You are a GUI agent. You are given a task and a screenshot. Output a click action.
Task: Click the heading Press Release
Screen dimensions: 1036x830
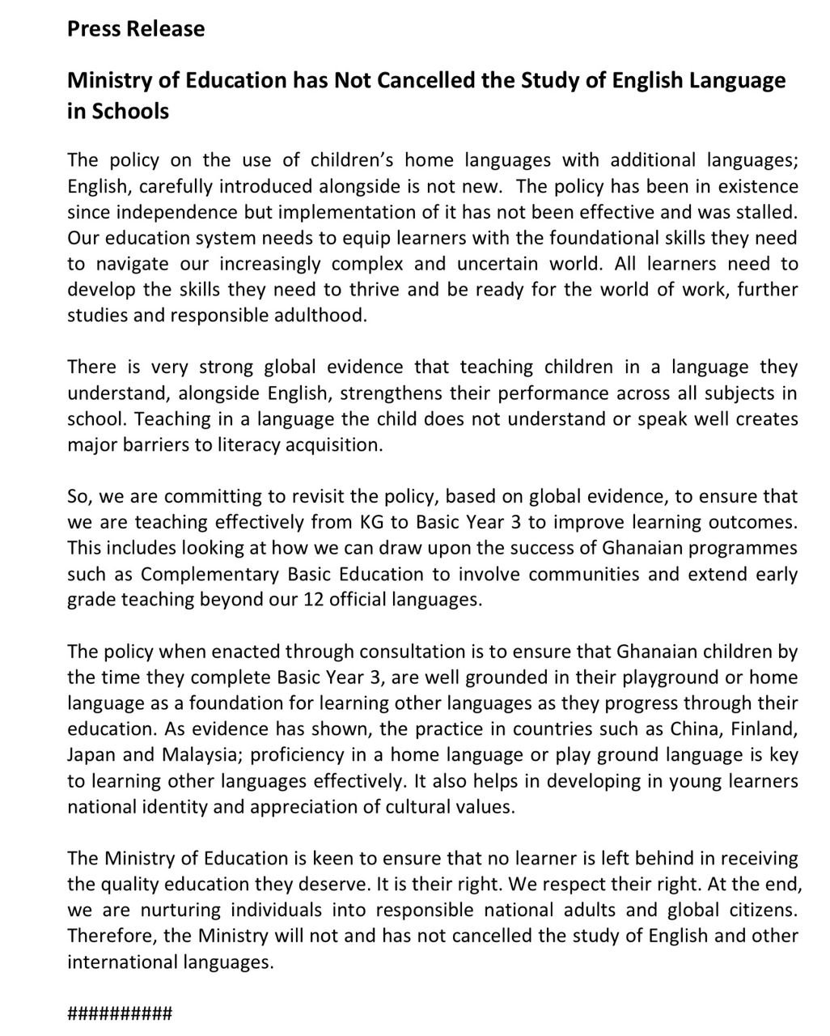click(136, 29)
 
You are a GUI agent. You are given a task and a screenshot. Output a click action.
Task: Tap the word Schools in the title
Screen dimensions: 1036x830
click(129, 111)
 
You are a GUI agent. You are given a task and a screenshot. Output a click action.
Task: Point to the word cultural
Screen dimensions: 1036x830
click(426, 807)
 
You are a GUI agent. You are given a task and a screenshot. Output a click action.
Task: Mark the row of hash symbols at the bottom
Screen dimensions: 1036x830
click(120, 1013)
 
